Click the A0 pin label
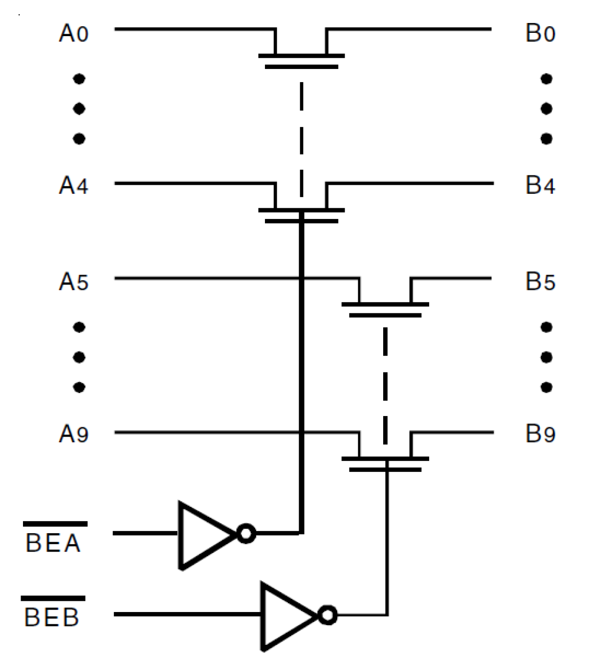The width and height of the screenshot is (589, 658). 74,33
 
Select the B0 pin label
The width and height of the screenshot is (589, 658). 540,33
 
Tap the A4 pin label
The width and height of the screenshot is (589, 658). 74,185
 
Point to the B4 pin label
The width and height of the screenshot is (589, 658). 540,185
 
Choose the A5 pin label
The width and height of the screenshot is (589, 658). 74,282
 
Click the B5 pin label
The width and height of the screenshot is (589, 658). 540,282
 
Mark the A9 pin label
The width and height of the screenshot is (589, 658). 74,434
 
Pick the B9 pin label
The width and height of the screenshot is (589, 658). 540,434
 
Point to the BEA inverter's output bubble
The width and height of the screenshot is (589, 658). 246,534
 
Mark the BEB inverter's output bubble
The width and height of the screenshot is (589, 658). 328,615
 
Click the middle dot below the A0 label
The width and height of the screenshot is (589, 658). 79,109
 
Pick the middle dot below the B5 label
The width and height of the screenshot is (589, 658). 546,357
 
